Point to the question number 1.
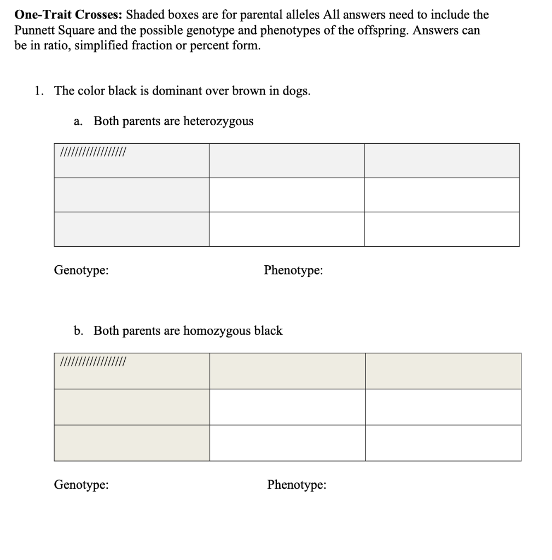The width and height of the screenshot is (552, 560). [x=38, y=91]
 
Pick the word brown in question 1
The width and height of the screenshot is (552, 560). [x=249, y=91]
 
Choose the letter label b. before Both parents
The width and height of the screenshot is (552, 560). [x=79, y=331]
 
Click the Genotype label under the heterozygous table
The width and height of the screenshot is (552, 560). [x=81, y=270]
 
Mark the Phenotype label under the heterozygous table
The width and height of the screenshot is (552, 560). [x=293, y=270]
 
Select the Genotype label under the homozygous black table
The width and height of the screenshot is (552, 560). [x=81, y=485]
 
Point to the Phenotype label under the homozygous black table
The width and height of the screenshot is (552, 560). [x=297, y=485]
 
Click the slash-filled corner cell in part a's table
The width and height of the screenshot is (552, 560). [x=131, y=161]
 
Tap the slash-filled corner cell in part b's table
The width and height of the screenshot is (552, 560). [x=131, y=371]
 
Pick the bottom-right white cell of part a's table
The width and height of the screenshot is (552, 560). [x=441, y=229]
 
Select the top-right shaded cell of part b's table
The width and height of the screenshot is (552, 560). [x=443, y=371]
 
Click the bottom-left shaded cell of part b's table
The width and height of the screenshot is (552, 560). [x=131, y=443]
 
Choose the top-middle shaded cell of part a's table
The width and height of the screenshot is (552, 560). [x=287, y=161]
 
